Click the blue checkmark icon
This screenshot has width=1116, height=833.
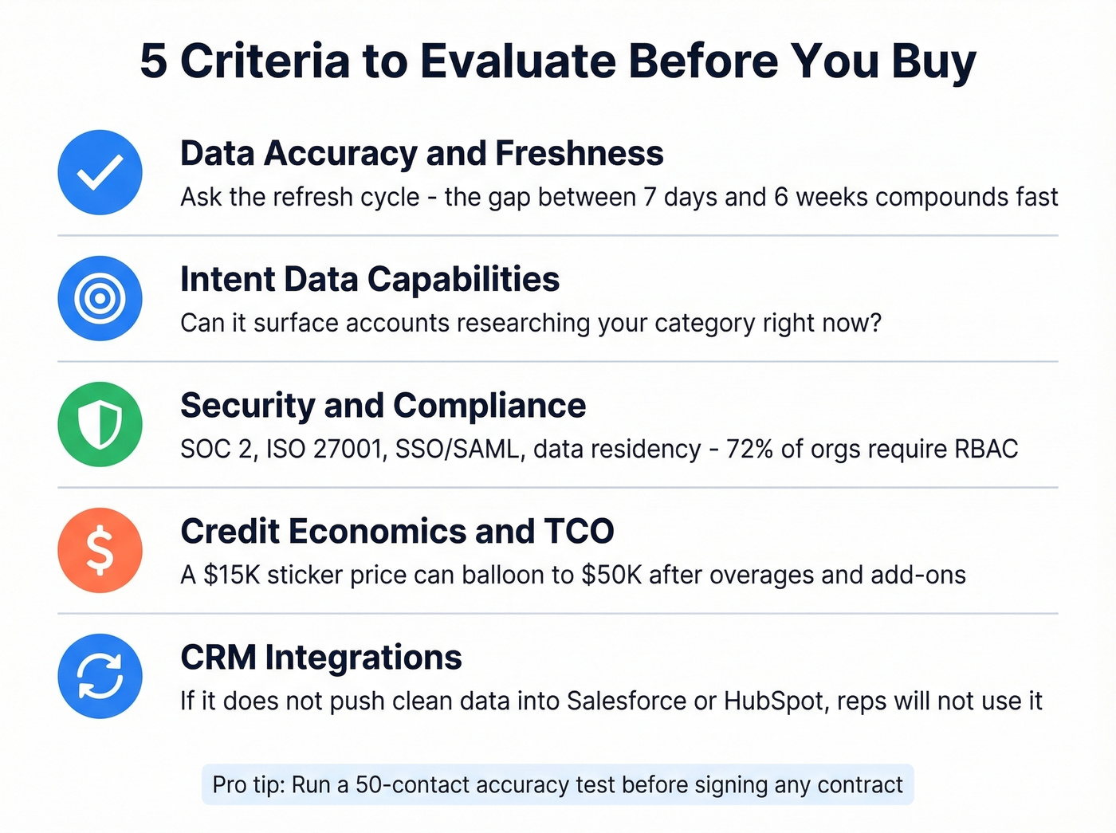coord(100,172)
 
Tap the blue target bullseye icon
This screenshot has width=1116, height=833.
coord(100,298)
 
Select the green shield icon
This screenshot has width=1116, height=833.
coord(100,424)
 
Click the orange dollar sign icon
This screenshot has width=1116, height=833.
coord(100,550)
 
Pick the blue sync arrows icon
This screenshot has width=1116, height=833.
coord(100,676)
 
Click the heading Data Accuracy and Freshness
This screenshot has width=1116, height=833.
coord(422,153)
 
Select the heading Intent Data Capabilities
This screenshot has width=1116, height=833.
coord(370,279)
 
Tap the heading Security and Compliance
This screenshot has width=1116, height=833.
coord(383,405)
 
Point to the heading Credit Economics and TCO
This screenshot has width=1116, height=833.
coord(397,531)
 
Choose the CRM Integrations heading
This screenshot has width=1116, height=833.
coord(321,658)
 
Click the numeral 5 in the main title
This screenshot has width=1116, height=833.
coord(154,61)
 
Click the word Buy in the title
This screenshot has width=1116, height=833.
coord(933,61)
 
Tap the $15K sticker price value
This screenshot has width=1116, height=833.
coord(232,575)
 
